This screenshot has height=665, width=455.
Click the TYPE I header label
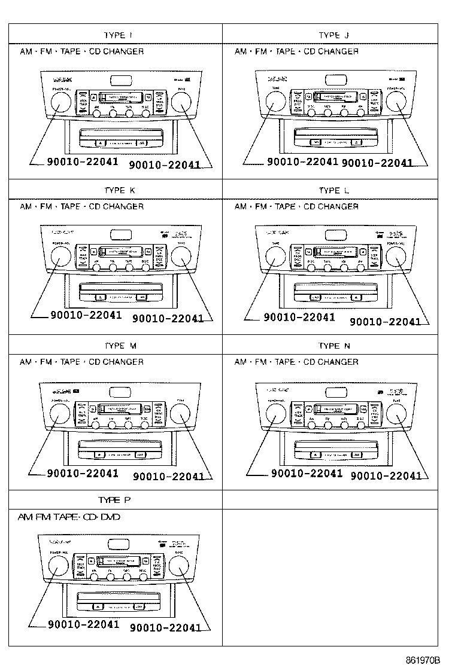(114, 35)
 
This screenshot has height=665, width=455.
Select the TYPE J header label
(329, 35)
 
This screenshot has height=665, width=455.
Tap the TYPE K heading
(120, 191)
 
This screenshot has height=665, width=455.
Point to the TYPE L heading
(329, 191)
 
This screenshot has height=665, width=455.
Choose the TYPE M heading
(120, 346)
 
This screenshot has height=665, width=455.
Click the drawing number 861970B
(423, 660)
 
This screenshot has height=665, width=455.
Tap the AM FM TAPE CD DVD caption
(69, 517)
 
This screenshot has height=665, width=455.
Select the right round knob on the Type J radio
(396, 103)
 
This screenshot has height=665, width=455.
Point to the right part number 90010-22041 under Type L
(385, 321)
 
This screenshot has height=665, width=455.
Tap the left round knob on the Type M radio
(59, 413)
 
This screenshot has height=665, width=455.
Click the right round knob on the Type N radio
(396, 413)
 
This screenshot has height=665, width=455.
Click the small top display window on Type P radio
(119, 544)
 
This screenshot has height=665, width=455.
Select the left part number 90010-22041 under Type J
(302, 161)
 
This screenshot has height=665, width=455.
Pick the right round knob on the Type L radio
(396, 258)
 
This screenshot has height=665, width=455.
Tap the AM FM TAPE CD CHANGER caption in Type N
(296, 362)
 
